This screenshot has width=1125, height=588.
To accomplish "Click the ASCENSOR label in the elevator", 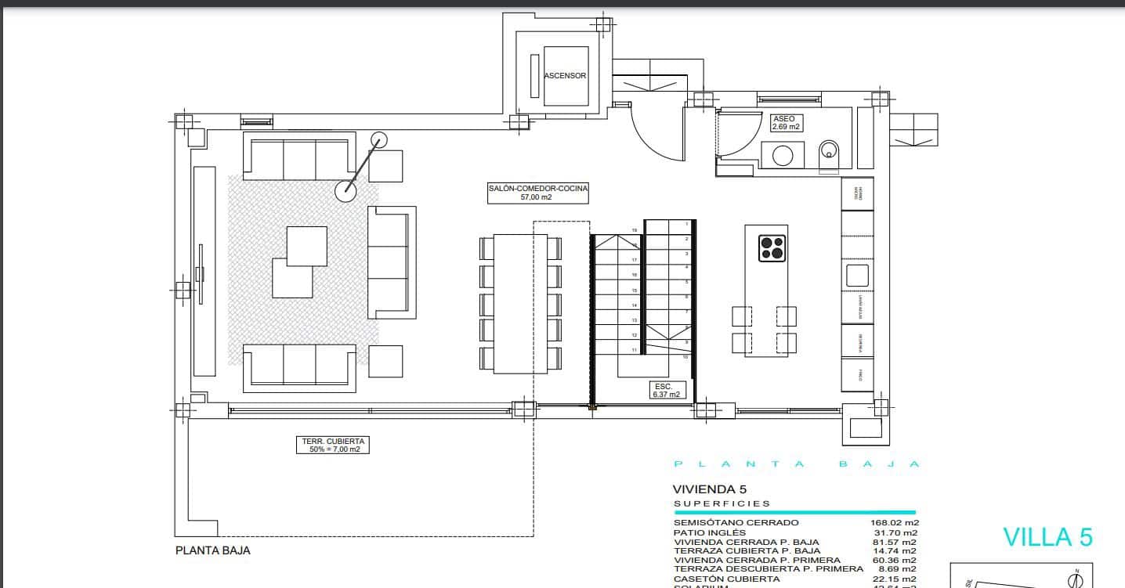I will pyautogui.click(x=566, y=76).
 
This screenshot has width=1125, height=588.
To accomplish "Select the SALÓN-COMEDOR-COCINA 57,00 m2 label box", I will pyautogui.click(x=537, y=193).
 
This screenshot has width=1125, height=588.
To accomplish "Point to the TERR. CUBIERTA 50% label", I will pyautogui.click(x=333, y=445).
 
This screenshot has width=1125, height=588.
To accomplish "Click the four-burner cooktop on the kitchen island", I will pyautogui.click(x=772, y=247).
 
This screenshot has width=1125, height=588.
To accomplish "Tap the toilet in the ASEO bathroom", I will pyautogui.click(x=829, y=153).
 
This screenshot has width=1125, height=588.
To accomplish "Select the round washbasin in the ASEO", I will pyautogui.click(x=783, y=155).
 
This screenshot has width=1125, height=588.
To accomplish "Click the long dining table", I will pyautogui.click(x=520, y=302).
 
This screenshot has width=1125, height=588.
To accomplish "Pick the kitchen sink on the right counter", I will pyautogui.click(x=857, y=276).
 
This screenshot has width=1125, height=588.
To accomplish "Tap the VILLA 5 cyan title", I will pyautogui.click(x=1047, y=537).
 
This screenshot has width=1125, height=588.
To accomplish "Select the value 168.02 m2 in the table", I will pyautogui.click(x=895, y=522).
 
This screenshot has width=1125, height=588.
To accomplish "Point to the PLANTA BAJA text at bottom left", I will pyautogui.click(x=212, y=550).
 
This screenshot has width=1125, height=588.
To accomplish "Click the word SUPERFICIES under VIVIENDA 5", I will pyautogui.click(x=722, y=503).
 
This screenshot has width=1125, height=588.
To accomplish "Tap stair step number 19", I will pyautogui.click(x=635, y=230).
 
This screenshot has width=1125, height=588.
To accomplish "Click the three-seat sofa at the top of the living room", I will pyautogui.click(x=298, y=159).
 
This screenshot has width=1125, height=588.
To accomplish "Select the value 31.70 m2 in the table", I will pyautogui.click(x=898, y=532).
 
